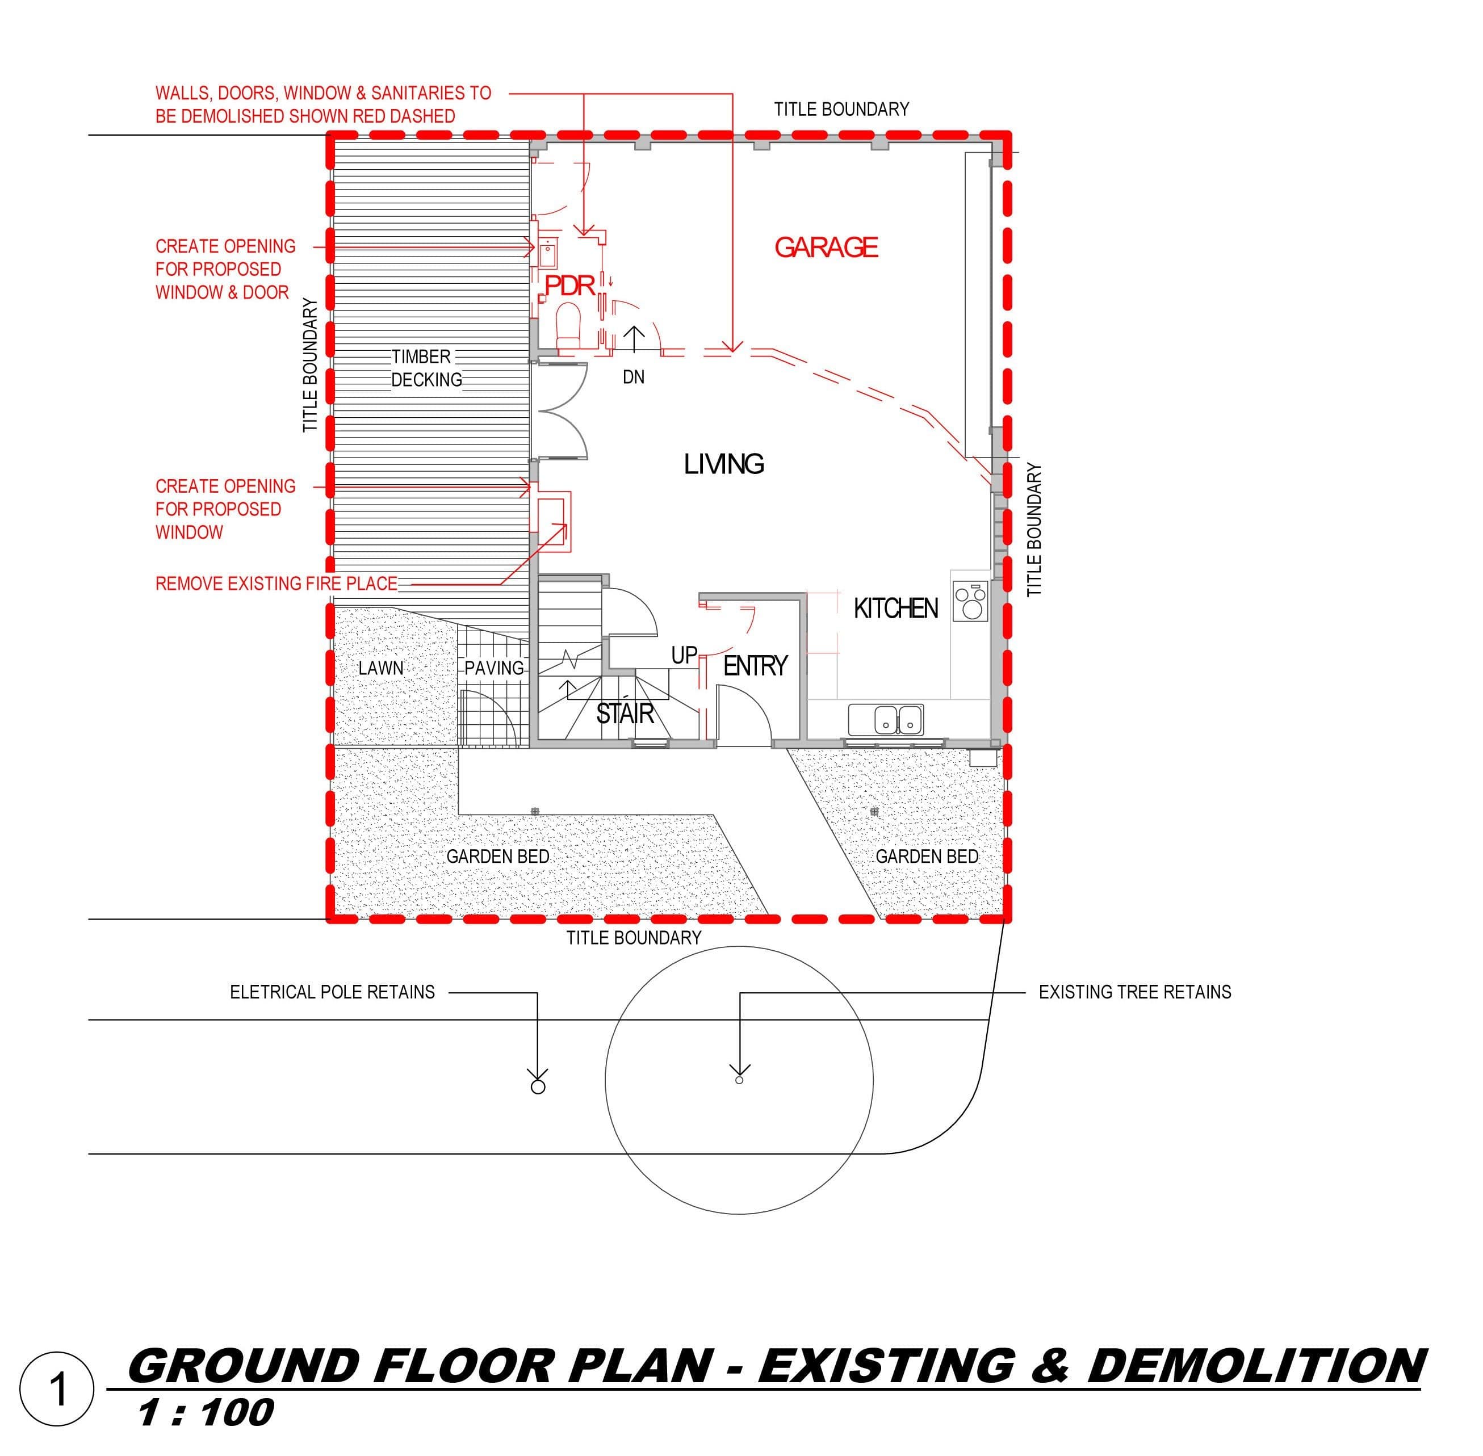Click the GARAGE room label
826,247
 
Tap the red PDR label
570,286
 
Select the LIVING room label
723,464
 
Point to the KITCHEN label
895,609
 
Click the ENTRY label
755,666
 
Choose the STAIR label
625,714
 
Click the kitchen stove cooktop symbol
970,601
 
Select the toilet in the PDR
568,324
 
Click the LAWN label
381,668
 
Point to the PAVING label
494,668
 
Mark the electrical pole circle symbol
538,1086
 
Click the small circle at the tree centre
739,1080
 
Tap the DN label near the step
633,377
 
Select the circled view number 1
57,1390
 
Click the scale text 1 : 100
205,1412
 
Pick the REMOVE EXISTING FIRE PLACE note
276,584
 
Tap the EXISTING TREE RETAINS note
1135,992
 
